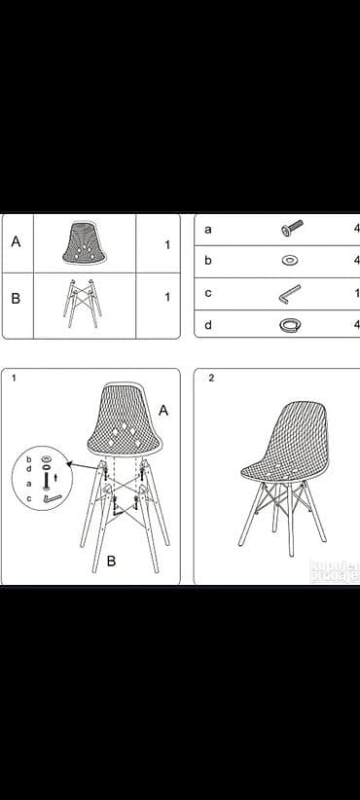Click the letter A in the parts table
(x=16, y=241)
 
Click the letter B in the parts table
(x=16, y=298)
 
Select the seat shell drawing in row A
(x=85, y=243)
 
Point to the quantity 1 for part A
(x=166, y=245)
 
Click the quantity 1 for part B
(x=166, y=297)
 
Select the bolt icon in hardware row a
(x=291, y=228)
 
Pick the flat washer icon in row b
(x=290, y=261)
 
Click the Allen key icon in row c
(x=290, y=293)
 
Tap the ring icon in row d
(x=290, y=324)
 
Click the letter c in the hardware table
(x=208, y=292)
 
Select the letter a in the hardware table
(x=208, y=229)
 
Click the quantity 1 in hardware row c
(x=356, y=293)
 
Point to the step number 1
(x=14, y=379)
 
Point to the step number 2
(x=211, y=379)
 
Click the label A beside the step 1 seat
(x=162, y=411)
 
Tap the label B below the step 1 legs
(x=111, y=561)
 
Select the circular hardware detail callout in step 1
(x=41, y=478)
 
